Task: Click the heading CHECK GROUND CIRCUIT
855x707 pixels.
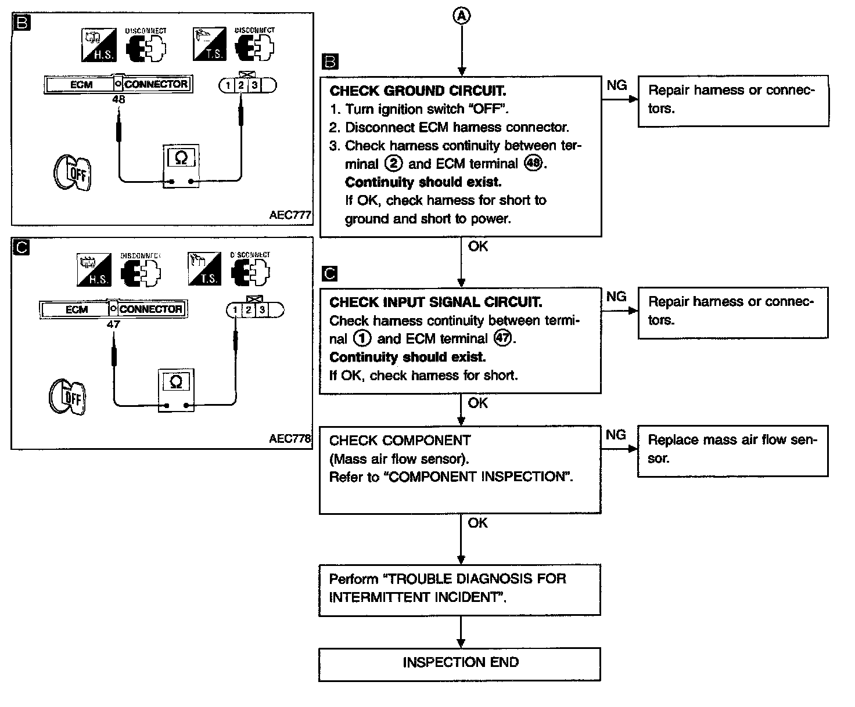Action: click(418, 91)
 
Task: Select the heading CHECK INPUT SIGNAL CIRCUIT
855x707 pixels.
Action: click(436, 302)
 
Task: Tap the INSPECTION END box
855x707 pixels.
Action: click(460, 663)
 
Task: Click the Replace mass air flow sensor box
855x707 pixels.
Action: click(732, 450)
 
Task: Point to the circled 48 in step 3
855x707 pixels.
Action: click(533, 164)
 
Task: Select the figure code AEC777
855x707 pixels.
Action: click(290, 215)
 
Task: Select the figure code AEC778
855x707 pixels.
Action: click(290, 439)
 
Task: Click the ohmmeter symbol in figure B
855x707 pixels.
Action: click(181, 158)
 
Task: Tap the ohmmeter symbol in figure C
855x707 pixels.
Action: click(177, 383)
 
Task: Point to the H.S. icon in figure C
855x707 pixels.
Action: click(94, 271)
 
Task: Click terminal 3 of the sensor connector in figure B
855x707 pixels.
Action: click(254, 85)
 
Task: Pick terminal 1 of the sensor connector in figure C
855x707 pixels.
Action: click(235, 310)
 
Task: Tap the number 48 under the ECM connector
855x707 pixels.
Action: click(118, 99)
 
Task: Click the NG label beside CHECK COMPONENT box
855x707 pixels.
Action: click(616, 435)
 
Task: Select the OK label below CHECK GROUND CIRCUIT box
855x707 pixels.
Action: click(478, 246)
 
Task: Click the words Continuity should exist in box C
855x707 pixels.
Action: click(407, 357)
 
